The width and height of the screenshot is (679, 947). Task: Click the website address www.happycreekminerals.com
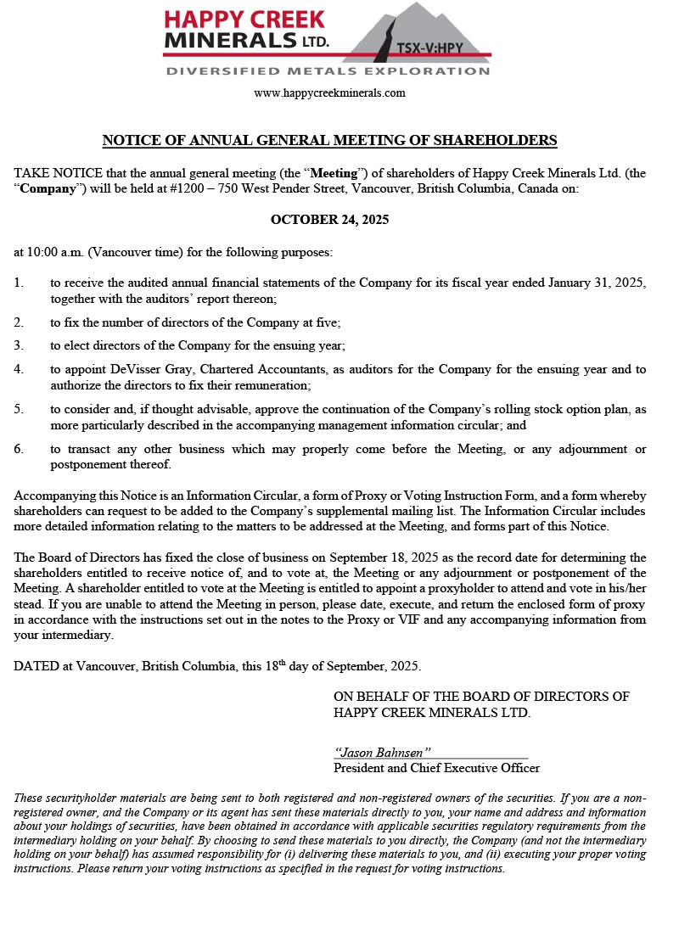click(x=329, y=93)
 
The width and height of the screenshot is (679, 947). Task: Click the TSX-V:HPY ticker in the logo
click(x=430, y=48)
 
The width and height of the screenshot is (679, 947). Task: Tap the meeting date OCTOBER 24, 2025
click(x=329, y=220)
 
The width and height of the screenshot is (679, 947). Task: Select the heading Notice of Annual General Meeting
click(x=329, y=140)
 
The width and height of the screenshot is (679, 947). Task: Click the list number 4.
click(x=19, y=369)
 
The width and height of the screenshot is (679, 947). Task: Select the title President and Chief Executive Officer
click(x=436, y=768)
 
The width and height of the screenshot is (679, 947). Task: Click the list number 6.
click(x=19, y=449)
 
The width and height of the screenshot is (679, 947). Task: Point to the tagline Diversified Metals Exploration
click(x=328, y=71)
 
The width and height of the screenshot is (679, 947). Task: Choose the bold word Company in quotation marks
click(x=48, y=189)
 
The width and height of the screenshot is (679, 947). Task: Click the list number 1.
click(x=19, y=283)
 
